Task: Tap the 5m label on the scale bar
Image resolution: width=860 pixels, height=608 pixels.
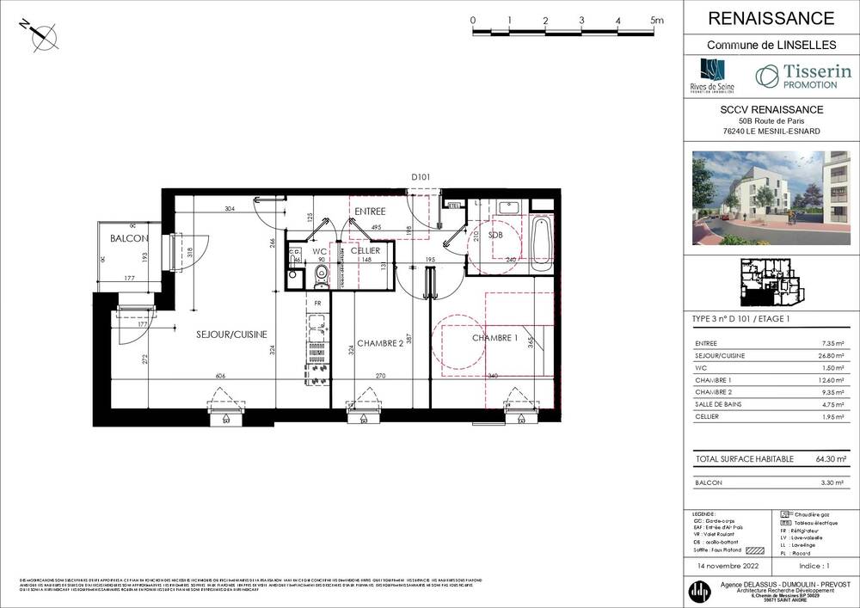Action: (x=657, y=20)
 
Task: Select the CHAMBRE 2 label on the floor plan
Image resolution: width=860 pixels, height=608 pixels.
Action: (x=380, y=342)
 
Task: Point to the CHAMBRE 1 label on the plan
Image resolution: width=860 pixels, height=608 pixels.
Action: (x=494, y=338)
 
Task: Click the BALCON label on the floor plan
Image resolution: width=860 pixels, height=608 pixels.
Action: (x=129, y=238)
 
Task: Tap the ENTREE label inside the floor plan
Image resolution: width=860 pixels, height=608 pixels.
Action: (x=370, y=211)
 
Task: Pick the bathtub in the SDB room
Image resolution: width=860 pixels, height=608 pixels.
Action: (x=541, y=242)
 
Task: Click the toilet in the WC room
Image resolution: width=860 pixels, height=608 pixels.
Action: (x=321, y=274)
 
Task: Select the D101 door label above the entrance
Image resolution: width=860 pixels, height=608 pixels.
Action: (x=421, y=177)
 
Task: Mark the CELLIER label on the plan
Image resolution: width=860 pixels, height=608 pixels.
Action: (x=365, y=251)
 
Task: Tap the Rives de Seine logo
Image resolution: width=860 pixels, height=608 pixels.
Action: (x=712, y=77)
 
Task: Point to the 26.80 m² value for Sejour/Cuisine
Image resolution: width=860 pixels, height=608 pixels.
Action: (x=834, y=355)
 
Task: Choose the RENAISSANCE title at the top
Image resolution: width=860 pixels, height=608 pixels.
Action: (x=771, y=18)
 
